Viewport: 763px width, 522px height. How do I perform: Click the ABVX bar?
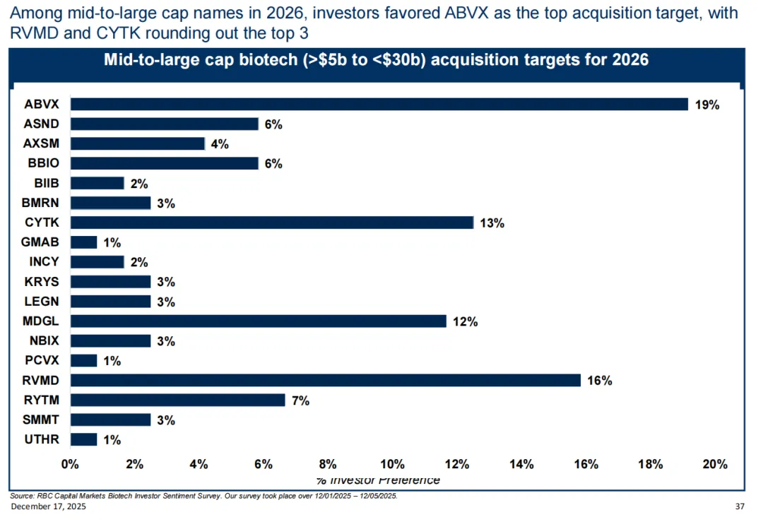[379, 105]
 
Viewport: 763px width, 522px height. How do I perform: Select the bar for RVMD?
[325, 381]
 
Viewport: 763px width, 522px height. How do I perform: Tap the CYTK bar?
[272, 223]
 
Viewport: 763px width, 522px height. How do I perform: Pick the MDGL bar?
[259, 321]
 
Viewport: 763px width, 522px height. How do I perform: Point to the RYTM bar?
[177, 401]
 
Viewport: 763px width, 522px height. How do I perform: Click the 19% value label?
[706, 105]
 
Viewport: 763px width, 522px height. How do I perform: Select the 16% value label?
[599, 381]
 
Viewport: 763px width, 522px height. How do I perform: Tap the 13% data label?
[492, 223]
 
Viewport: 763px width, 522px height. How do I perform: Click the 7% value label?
[300, 401]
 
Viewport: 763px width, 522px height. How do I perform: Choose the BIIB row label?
[47, 184]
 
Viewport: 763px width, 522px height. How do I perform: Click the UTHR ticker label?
[43, 439]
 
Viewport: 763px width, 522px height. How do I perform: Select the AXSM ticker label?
[43, 144]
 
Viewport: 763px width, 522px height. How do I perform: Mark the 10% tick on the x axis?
[392, 464]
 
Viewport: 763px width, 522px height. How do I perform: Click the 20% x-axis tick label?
[714, 464]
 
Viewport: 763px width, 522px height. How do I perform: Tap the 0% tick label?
[70, 464]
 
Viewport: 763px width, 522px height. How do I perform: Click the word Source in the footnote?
[21, 496]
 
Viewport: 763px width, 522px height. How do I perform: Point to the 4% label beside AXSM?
[220, 145]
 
